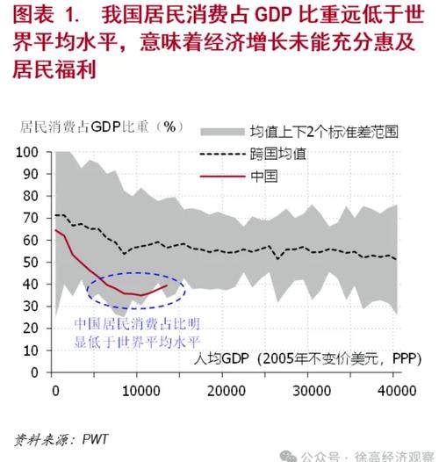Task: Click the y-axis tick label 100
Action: pos(27,152)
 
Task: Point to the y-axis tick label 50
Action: pos(31,263)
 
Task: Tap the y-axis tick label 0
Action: pos(35,372)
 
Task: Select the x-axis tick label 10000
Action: pos(140,391)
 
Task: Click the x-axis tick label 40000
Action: pos(397,391)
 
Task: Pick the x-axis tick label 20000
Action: pos(227,391)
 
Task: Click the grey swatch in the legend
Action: pos(222,132)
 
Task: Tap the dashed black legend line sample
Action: pos(222,154)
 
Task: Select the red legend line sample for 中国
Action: pos(222,177)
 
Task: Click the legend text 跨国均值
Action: pos(278,154)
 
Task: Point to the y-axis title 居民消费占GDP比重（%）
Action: pos(102,127)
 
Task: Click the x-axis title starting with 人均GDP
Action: pos(307,358)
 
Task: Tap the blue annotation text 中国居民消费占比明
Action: pos(137,324)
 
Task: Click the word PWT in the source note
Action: pos(95,439)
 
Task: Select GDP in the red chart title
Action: pos(274,15)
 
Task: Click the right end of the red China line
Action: pos(168,285)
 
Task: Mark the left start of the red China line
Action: pos(55,230)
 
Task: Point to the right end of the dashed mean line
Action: pos(396,259)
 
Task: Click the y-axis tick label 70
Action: pos(31,219)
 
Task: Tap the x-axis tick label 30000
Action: pos(312,391)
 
